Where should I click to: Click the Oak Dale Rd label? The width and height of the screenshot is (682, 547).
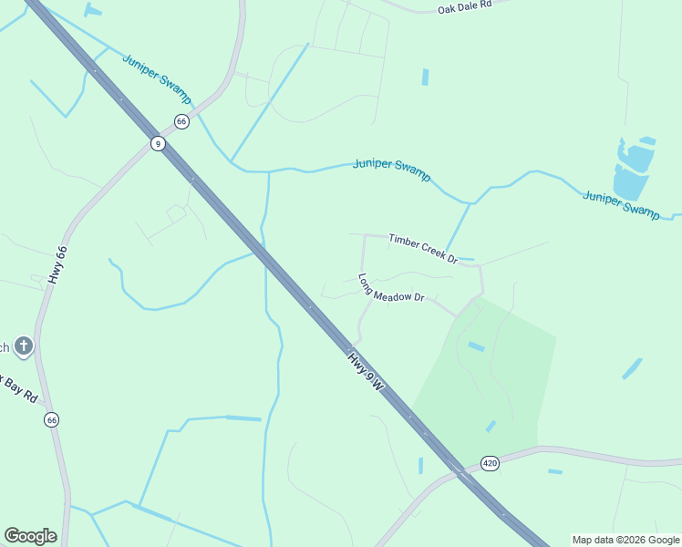[464, 5]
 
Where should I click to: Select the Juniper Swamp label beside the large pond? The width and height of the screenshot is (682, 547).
[621, 204]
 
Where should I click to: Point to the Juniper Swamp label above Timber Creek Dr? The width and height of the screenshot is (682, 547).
[392, 169]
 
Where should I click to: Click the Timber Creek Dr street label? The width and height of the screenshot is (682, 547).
[422, 247]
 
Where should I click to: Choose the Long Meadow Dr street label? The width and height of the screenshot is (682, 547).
[391, 289]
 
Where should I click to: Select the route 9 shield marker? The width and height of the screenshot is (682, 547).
[158, 143]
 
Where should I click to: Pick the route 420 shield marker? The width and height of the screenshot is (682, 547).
[491, 463]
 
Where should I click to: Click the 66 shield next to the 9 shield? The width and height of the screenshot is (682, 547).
[181, 121]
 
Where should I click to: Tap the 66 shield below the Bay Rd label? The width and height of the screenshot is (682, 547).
[51, 419]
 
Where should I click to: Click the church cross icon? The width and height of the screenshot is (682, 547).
[24, 346]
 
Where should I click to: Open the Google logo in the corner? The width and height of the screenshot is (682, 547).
[30, 536]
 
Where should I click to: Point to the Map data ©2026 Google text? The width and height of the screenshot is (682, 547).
[625, 540]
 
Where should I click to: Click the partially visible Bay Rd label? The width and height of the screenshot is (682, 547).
[18, 387]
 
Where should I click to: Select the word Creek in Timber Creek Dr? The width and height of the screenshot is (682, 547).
[425, 248]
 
